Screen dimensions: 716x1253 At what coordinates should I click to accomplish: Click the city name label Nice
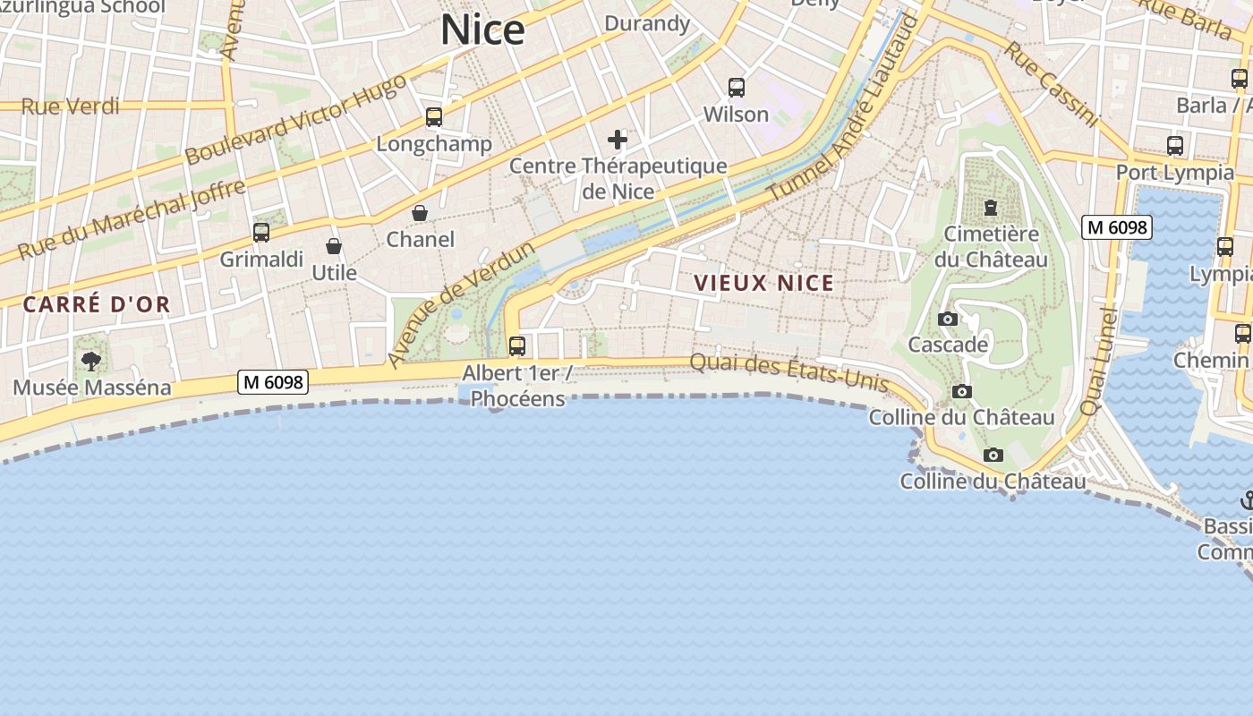tap(482, 30)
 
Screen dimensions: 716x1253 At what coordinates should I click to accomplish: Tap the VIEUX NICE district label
tap(763, 284)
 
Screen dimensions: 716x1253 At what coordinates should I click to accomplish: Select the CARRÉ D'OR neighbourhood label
tap(96, 304)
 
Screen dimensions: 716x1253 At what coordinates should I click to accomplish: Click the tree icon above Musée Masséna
tap(90, 362)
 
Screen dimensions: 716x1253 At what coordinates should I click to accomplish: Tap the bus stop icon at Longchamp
tap(434, 117)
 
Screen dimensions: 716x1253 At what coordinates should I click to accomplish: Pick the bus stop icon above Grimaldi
tap(261, 233)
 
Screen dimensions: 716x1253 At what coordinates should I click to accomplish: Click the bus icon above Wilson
tap(737, 88)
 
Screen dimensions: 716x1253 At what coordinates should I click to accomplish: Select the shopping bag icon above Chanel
tap(419, 213)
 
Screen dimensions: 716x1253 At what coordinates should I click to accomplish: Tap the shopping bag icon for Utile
tap(334, 246)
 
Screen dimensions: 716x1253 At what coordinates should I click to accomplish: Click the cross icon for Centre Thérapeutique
tap(618, 140)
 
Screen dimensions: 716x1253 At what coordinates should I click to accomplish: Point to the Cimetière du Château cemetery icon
tap(991, 208)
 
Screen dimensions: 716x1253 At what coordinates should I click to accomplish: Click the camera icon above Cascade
tap(948, 319)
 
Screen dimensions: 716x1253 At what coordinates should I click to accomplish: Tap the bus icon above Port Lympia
tap(1175, 145)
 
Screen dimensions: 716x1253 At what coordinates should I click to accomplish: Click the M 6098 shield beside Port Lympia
tap(1115, 227)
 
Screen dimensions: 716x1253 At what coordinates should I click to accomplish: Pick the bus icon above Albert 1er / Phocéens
tap(517, 345)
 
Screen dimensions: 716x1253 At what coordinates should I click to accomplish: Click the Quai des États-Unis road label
tap(788, 373)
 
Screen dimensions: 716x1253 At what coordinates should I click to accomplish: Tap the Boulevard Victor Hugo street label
tap(295, 120)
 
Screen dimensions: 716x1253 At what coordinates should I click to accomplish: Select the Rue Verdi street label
tap(70, 107)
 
